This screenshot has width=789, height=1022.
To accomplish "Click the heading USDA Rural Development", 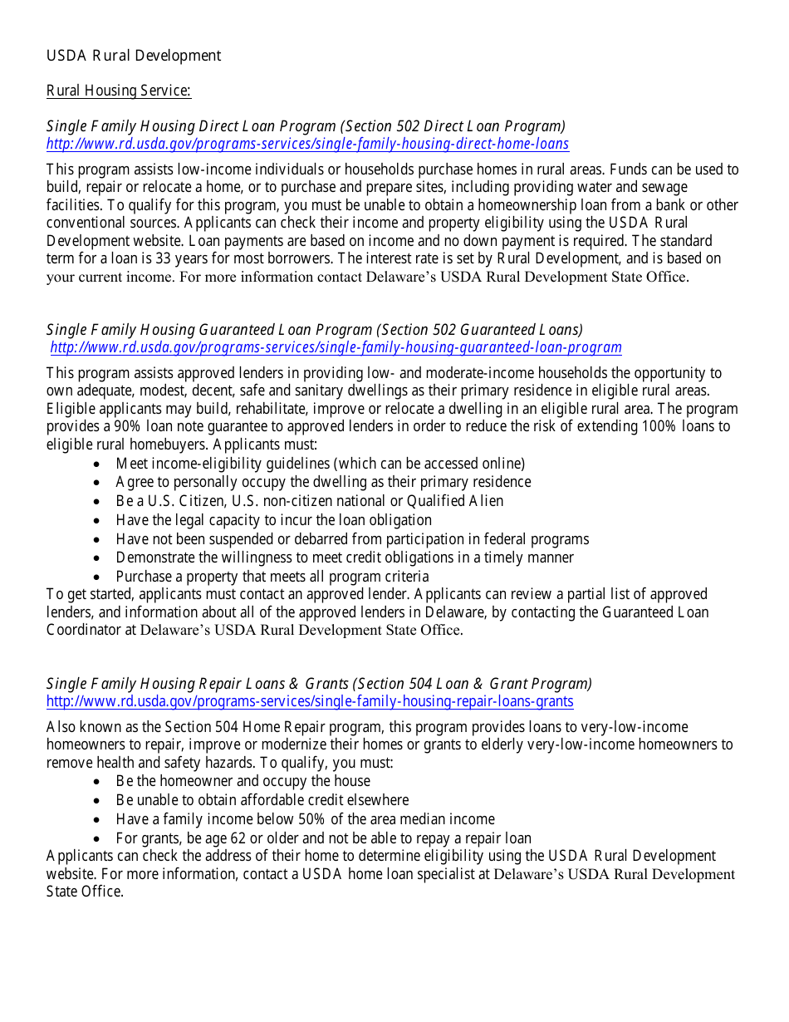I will (x=134, y=56).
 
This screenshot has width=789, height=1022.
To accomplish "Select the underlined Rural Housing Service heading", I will (x=119, y=91).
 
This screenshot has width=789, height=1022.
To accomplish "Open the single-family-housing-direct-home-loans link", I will (x=307, y=144).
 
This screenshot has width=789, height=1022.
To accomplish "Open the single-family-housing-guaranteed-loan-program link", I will (x=336, y=347).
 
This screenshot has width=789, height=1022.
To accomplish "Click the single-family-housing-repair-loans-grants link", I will (x=310, y=701).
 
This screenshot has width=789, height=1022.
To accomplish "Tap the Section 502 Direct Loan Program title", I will (x=306, y=125).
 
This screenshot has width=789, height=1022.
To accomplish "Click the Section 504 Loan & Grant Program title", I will (x=319, y=683).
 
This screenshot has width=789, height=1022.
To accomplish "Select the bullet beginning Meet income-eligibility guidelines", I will (x=320, y=464).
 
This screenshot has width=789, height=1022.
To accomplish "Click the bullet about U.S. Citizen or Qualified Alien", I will (x=309, y=501).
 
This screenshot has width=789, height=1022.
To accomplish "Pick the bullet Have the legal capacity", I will (x=273, y=520).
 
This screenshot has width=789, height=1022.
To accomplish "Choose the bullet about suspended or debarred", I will (x=352, y=538).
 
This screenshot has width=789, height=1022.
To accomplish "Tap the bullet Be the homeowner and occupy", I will (x=243, y=780).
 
